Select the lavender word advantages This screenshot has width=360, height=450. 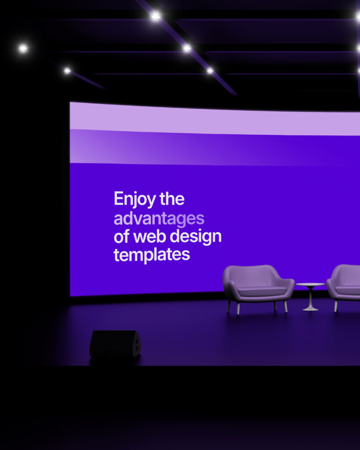159,219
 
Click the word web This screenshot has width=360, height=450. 150,236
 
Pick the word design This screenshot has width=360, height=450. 196,237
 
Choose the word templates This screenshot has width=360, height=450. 152,255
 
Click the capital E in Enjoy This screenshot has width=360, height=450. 119,198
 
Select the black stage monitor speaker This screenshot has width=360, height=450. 115,344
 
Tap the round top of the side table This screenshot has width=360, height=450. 310,284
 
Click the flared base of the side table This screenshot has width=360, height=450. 310,308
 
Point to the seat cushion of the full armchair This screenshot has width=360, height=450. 262,291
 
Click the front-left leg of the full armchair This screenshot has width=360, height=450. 238,308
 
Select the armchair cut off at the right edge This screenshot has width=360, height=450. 343,284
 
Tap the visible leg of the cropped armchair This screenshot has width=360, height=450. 336,306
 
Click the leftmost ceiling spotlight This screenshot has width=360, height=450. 23,48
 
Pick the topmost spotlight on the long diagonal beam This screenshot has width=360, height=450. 156,16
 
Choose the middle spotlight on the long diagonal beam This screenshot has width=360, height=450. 187,48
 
